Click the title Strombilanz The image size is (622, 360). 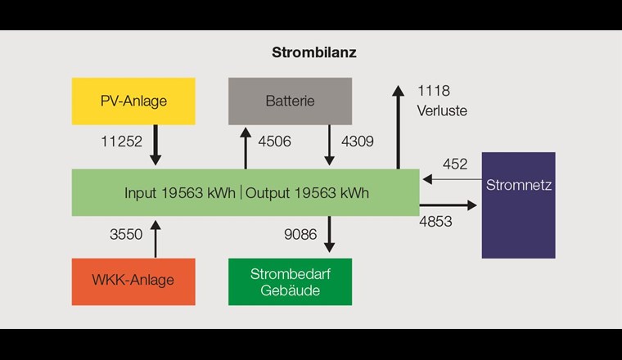point(313,52)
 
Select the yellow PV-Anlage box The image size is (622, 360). point(133,101)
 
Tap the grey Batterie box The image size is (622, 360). point(290,101)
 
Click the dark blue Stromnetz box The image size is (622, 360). point(518,205)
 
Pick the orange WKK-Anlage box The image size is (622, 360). point(133,281)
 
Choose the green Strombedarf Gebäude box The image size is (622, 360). point(290,281)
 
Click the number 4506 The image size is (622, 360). point(274,142)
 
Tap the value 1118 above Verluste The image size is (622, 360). point(434,91)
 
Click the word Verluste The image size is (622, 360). point(442,110)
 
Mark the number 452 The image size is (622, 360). point(455,164)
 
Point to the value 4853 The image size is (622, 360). point(435,222)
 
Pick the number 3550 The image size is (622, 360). point(126,235)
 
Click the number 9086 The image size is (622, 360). point(300,235)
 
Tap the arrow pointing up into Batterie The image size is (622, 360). point(245,147)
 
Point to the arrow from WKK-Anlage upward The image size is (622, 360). point(156,238)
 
